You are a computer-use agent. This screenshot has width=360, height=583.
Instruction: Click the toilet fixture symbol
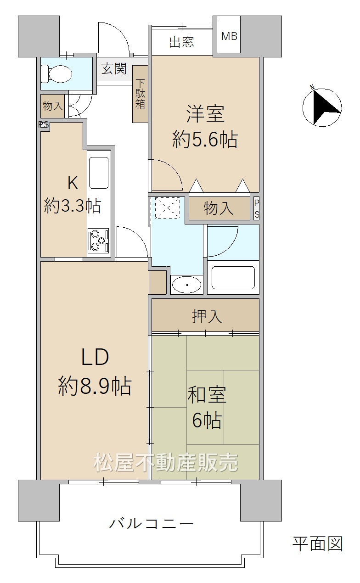pos(56,73)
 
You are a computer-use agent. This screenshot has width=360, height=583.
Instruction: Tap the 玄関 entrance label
pos(114,69)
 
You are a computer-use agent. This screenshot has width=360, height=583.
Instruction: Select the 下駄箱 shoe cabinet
pos(140,94)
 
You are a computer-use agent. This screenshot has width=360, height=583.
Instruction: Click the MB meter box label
pos(229,36)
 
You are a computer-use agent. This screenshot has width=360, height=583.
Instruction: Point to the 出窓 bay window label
pos(182,42)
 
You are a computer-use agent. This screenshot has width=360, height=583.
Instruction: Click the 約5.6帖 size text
pos(205,140)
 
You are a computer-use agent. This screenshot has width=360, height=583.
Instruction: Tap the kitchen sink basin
pos(99,173)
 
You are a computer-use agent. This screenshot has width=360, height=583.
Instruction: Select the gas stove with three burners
pos(98,241)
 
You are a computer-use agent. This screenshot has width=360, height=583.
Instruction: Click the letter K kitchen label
pos(73,183)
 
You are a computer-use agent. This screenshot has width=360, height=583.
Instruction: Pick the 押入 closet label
pos(207,316)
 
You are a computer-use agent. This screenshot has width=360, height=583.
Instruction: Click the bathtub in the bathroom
pos(233,277)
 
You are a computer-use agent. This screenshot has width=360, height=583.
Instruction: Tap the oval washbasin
pos(187,285)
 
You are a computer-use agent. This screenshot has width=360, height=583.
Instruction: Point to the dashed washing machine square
pos(168,208)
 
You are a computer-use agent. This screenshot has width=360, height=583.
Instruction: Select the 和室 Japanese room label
pos(207,395)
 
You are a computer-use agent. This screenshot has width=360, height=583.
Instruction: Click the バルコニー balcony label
pos(151,523)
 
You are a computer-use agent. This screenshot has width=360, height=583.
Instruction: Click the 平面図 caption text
pos(318,544)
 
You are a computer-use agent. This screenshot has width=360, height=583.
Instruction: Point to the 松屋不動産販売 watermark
pos(166,462)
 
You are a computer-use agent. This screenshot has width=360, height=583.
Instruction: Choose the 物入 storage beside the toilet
pos(52,106)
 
